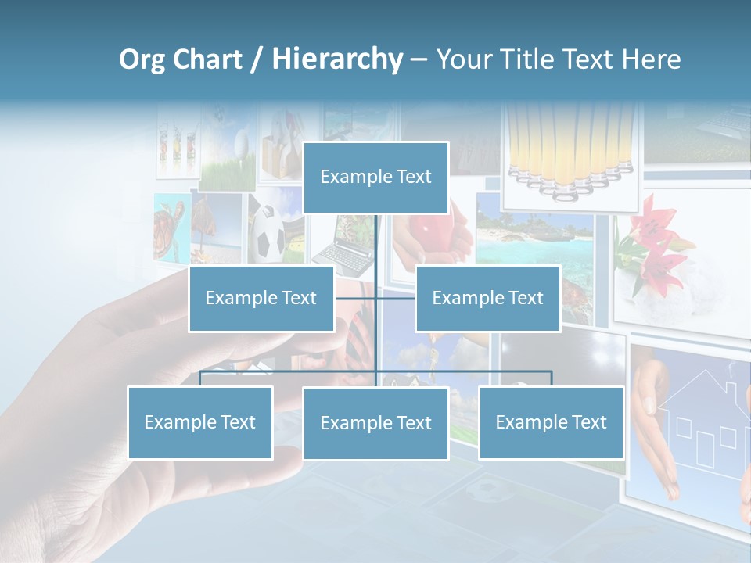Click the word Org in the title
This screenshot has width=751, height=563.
142,59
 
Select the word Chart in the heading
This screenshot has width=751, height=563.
207,59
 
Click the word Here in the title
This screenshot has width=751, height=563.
651,59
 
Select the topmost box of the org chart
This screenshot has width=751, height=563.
375,178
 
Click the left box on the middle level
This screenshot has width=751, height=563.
261,298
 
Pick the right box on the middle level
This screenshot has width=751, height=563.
487,298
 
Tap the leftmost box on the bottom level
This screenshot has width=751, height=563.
199,422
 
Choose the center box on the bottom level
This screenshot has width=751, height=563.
375,423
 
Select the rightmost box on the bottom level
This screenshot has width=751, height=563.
551,422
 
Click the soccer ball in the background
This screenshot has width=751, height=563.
269,233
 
